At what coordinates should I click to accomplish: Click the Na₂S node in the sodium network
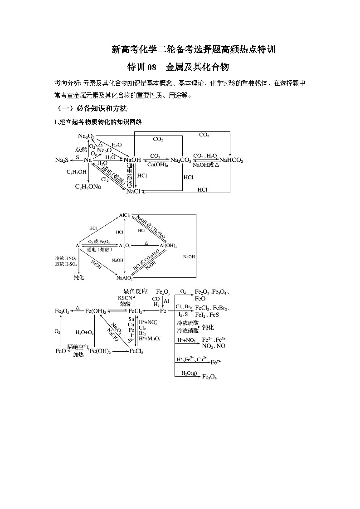tap(62, 160)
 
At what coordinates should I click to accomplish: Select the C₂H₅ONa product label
tap(88, 186)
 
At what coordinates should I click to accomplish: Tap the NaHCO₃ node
tap(231, 160)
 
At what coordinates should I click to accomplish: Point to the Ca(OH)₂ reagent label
tap(156, 165)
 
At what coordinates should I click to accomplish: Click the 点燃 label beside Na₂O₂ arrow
tap(81, 149)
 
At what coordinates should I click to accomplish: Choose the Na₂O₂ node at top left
tap(86, 136)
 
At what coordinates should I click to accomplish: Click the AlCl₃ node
tap(125, 215)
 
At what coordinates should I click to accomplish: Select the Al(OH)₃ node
tap(168, 245)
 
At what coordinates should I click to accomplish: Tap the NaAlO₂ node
tap(125, 277)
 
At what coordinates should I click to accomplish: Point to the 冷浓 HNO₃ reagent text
tap(66, 257)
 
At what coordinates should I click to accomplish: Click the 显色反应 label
tap(136, 291)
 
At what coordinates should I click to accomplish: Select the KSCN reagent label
tap(125, 298)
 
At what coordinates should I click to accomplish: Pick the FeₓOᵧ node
tap(163, 291)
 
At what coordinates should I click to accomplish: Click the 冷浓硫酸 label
tap(186, 324)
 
